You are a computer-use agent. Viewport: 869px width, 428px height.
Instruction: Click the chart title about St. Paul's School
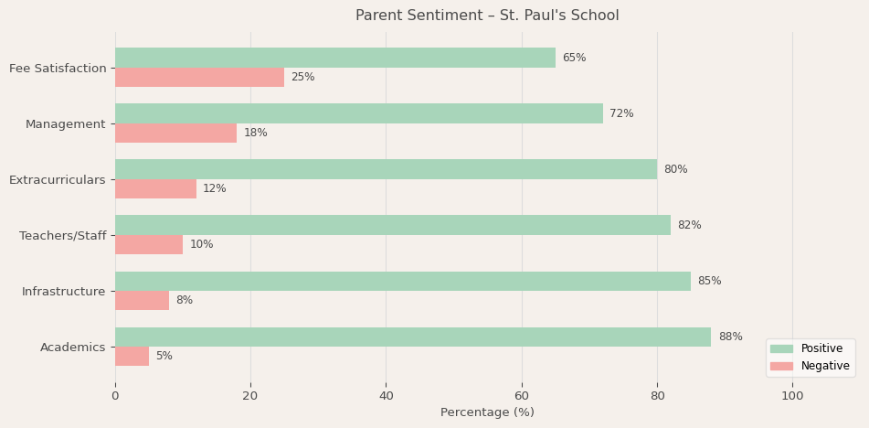(487, 16)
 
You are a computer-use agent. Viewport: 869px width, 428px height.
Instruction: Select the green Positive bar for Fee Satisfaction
(334, 58)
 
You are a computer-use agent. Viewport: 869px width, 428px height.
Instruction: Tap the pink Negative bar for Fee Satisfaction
(199, 78)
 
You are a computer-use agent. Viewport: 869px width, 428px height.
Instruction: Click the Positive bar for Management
(358, 113)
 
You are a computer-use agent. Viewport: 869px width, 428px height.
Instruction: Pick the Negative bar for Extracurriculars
(155, 189)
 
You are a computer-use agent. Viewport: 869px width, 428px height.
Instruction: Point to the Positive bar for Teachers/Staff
(392, 225)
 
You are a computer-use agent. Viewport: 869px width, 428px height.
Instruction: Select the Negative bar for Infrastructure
(142, 301)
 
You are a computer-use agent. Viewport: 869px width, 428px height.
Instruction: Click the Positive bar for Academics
(412, 337)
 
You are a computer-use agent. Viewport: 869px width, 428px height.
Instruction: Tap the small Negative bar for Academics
(132, 357)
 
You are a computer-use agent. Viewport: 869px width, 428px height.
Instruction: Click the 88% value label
(730, 337)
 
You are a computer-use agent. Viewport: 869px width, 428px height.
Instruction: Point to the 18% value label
(255, 134)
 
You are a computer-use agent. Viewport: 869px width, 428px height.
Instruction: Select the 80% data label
(675, 169)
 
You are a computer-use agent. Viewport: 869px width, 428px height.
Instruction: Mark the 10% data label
(201, 245)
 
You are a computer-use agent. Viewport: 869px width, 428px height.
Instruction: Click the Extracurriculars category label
(58, 180)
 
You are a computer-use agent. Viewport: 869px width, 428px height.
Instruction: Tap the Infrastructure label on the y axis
(64, 292)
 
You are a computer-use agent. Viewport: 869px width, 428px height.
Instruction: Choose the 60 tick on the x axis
(522, 396)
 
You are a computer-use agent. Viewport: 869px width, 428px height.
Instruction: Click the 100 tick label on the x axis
(792, 396)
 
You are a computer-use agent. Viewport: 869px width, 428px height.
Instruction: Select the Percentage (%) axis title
(487, 412)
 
